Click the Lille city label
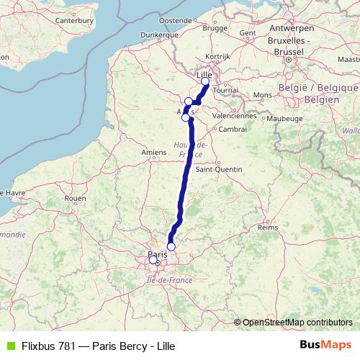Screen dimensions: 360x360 pos(205,73)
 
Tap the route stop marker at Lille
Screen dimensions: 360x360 pos(205,81)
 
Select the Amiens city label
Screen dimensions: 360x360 pos(154,152)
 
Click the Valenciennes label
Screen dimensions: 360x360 pos(235,115)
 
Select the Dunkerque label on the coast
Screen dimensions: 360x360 pos(159,34)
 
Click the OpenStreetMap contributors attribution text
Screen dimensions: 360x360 pos(297,322)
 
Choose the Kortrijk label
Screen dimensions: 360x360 pos(217,55)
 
